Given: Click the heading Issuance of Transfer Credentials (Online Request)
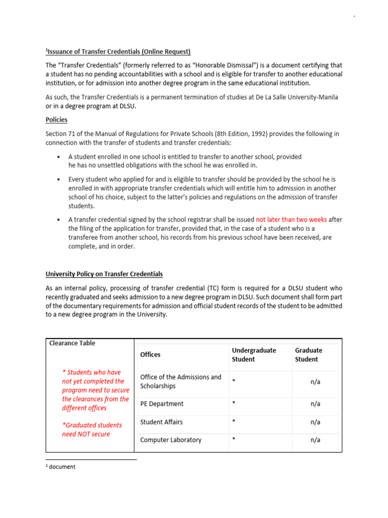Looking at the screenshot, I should [x=118, y=52].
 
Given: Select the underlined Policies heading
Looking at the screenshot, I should [x=57, y=120].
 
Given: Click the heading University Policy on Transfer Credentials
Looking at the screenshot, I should [x=105, y=274].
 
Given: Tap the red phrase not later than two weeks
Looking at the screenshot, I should [x=292, y=220].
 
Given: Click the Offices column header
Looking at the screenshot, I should [x=150, y=355].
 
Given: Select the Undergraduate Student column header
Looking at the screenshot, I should [x=254, y=355].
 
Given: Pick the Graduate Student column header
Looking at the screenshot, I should [x=308, y=355].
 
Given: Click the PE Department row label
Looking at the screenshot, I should [x=162, y=404].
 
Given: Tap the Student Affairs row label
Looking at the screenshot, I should [x=161, y=422].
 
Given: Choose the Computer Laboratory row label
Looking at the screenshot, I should [x=171, y=440].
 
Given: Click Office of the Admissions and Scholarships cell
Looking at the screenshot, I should [x=180, y=381].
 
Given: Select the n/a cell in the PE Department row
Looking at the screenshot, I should [x=315, y=404].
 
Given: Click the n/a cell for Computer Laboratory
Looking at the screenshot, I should [x=315, y=440].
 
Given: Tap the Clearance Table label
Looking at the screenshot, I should [x=72, y=343].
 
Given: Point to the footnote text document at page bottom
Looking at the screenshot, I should [x=62, y=467].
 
